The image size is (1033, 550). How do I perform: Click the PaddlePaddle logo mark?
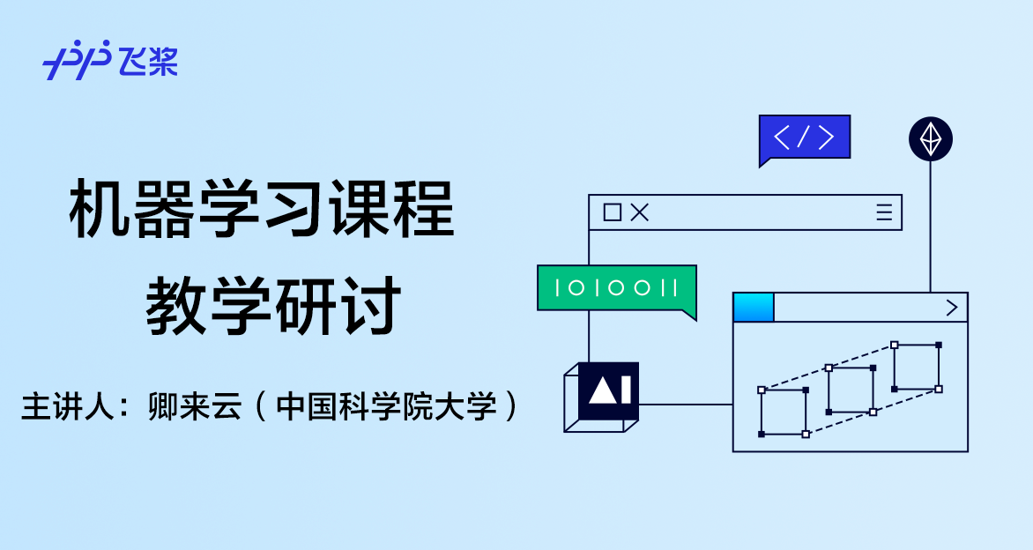pos(77,61)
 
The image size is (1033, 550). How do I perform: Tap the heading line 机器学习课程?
pos(262,209)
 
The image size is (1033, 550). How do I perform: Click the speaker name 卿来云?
pos(195,406)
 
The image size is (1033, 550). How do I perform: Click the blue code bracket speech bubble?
pos(804,137)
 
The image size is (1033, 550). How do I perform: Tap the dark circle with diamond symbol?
pos(931,138)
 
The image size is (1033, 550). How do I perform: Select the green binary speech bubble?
pos(616,287)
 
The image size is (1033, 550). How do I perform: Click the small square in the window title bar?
pos(612,212)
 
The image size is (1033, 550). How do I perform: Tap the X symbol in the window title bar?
pos(640,212)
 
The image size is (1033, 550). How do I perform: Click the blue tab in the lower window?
pos(754,308)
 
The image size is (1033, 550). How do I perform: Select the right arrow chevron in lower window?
pos(951,308)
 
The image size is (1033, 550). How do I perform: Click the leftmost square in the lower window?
pos(783,412)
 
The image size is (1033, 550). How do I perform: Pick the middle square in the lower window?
pos(851,390)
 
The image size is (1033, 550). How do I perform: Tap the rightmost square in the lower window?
pos(916,367)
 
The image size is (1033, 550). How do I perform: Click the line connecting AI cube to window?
pos(686,405)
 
